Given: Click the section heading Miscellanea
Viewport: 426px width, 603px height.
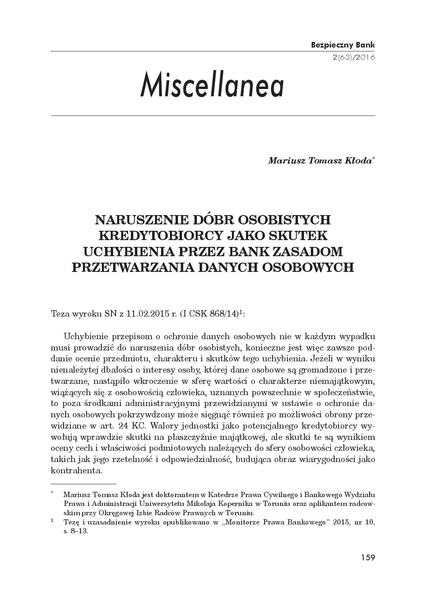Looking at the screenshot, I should click(x=212, y=85).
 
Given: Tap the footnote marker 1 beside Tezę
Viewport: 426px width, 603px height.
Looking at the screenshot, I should click(x=53, y=521).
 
